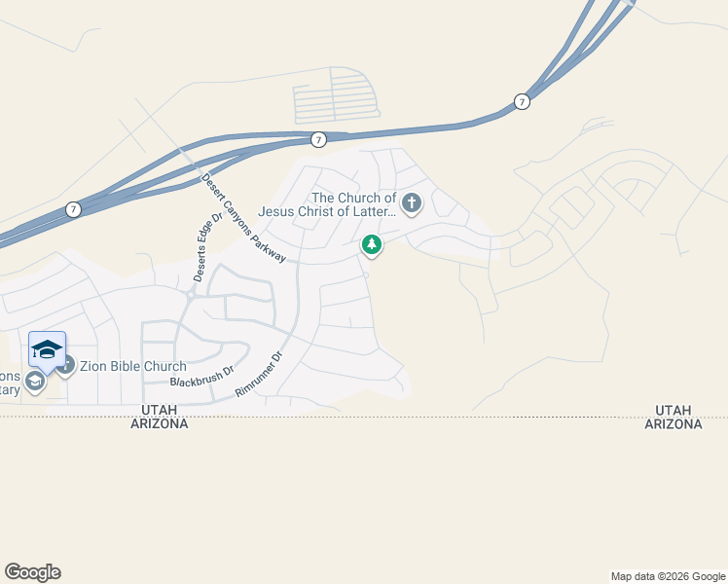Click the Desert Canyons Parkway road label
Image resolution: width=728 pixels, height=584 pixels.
click(x=243, y=218)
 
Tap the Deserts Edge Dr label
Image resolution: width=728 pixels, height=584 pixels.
click(x=207, y=246)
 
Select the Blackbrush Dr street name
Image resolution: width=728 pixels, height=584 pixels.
click(x=202, y=377)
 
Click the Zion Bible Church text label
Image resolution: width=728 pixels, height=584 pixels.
click(x=133, y=366)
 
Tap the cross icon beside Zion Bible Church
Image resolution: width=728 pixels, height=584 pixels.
click(x=66, y=365)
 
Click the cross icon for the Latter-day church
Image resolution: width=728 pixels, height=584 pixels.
click(x=412, y=203)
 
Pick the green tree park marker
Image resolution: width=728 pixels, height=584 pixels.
click(x=371, y=244)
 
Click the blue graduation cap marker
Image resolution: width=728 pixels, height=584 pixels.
click(x=47, y=348)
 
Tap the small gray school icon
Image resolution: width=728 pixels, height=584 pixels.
click(x=35, y=381)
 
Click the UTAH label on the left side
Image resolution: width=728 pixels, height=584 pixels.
click(x=160, y=411)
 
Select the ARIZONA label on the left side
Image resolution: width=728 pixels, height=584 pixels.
click(x=160, y=424)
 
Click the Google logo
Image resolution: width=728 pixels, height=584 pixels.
click(x=32, y=572)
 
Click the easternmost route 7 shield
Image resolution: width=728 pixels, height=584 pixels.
click(x=523, y=101)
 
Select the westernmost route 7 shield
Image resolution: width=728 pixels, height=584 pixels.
click(x=73, y=209)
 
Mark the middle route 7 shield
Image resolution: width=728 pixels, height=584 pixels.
click(x=319, y=140)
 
